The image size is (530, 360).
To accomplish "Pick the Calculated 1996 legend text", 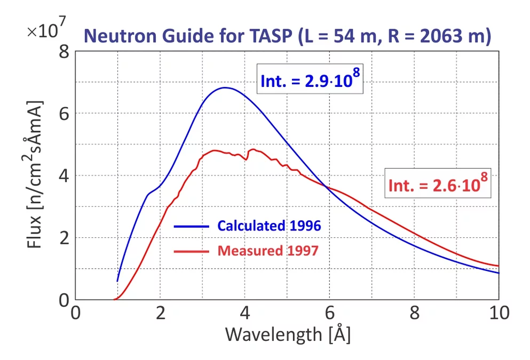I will click(269, 226).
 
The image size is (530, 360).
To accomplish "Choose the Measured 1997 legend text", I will click(267, 250).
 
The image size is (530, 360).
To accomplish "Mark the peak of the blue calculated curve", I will click(225, 87).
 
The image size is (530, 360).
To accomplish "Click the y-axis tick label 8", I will click(64, 52).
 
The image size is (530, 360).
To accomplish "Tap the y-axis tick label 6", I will click(64, 114).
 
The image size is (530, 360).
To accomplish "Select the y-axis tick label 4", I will click(64, 176).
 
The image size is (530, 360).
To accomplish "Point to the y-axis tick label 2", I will click(64, 238).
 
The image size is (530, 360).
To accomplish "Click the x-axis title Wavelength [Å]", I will click(288, 335).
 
